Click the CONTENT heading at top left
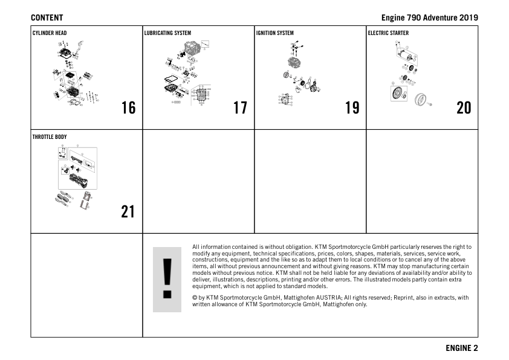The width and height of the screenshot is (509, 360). tap(47, 18)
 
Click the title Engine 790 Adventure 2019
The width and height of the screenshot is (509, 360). tap(429, 18)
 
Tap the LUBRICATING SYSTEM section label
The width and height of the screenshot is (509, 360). tap(167, 33)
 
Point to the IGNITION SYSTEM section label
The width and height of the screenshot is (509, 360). tap(275, 33)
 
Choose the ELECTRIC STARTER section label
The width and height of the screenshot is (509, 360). tap(388, 33)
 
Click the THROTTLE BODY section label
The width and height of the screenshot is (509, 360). tap(50, 137)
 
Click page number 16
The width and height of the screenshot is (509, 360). tap(128, 108)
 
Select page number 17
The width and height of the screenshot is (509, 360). tap(240, 108)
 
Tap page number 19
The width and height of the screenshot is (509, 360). tap(352, 108)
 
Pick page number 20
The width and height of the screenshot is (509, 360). tap(464, 108)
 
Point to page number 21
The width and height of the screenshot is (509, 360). tap(128, 212)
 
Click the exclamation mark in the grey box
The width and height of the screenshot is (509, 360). tap(167, 278)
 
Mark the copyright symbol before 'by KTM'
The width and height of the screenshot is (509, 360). tap(195, 298)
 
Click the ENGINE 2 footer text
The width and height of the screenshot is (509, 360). tap(461, 348)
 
